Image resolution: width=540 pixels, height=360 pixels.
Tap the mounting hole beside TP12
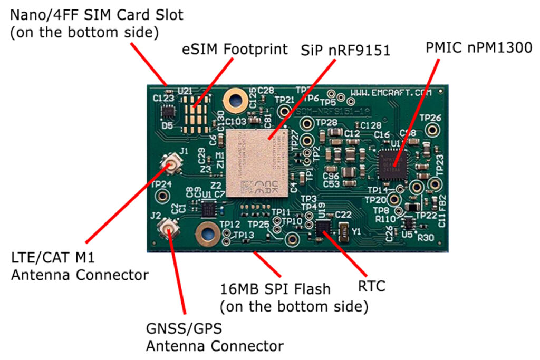(206, 232)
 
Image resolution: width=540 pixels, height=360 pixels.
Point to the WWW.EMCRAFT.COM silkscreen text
(391, 92)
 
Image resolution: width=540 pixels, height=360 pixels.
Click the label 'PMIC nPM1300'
(478, 48)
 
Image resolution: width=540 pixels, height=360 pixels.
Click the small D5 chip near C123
(168, 112)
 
